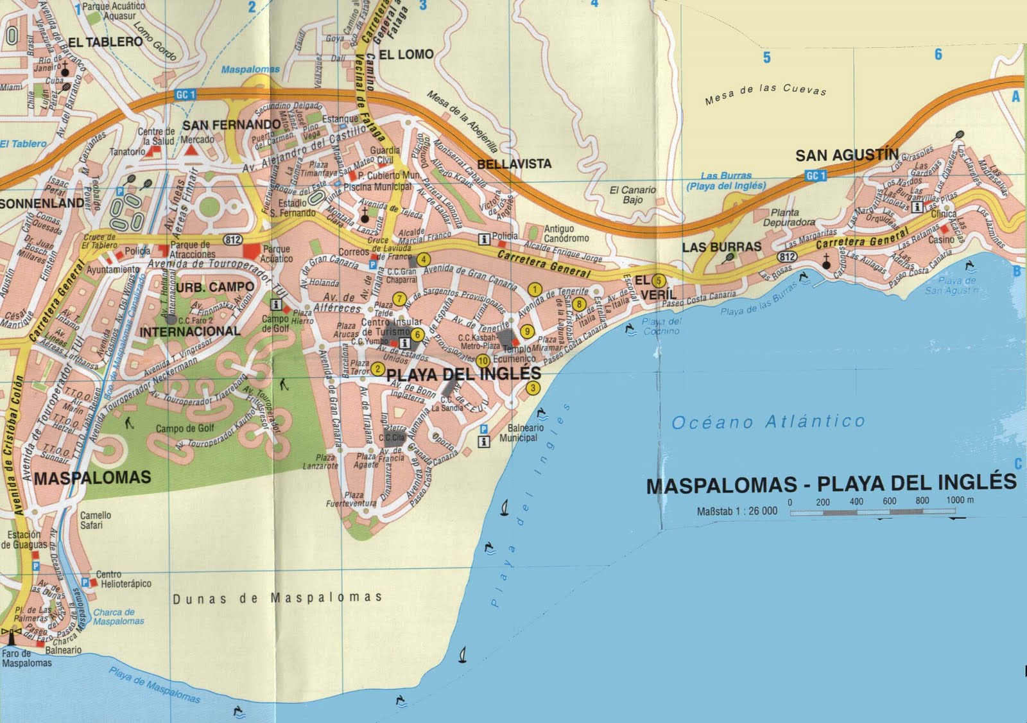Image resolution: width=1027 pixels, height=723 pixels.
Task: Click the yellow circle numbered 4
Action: tap(423, 260)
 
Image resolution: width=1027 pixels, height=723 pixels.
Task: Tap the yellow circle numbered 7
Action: tap(399, 299)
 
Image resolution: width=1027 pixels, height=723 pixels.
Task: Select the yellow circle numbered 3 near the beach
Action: tap(533, 388)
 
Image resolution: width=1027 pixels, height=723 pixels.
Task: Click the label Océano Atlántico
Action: tap(768, 422)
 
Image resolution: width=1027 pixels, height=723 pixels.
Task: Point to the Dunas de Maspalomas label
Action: tap(277, 598)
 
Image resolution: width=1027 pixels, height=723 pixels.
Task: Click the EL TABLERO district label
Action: tap(105, 42)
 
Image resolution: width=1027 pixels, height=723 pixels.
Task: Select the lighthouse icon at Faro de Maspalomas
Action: tap(10, 635)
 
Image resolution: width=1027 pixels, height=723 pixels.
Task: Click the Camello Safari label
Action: tap(96, 520)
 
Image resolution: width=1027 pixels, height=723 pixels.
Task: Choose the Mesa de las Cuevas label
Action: tap(765, 94)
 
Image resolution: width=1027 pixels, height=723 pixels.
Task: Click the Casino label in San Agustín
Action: tap(942, 240)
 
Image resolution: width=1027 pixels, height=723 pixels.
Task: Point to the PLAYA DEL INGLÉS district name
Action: tap(464, 374)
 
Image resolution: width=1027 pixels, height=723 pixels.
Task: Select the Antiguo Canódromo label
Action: tap(567, 233)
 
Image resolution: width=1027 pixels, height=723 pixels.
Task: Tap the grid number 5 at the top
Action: tap(766, 58)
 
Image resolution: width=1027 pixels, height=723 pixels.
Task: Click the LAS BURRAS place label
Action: tap(721, 247)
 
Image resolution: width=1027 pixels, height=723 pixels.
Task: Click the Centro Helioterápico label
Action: tap(123, 579)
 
